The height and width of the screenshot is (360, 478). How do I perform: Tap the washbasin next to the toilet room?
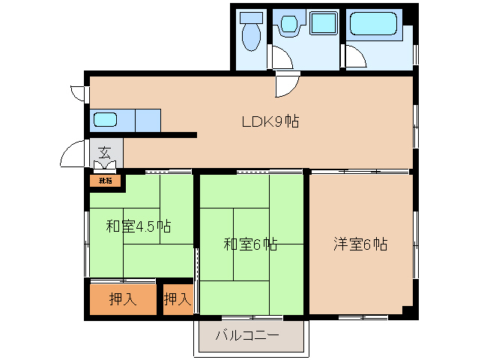[x=288, y=26]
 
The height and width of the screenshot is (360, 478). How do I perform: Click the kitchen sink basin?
[x=104, y=119]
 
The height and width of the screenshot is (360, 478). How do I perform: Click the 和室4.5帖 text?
[x=138, y=226]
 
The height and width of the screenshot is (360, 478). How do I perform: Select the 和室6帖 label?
[x=251, y=244]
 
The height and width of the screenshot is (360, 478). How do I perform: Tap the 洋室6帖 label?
[x=360, y=244]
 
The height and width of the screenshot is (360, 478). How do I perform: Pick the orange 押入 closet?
[x=123, y=299]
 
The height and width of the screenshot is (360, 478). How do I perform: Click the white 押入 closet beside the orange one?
[x=178, y=299]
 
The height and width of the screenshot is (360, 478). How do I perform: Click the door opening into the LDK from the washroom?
[x=287, y=85]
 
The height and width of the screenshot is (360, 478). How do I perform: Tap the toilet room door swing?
[x=280, y=58]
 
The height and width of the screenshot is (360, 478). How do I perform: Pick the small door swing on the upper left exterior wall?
[x=77, y=94]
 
